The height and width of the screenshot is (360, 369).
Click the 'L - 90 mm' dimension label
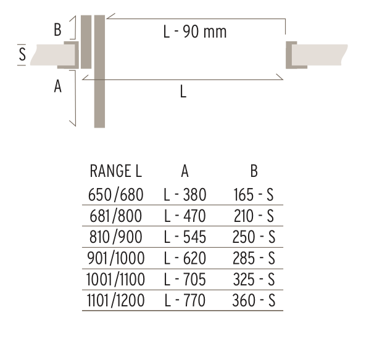pos(195,31)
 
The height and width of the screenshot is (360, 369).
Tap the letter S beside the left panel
pos(22,54)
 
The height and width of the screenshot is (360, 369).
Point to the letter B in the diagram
pos(57,30)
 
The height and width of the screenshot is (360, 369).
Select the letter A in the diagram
pos(57,86)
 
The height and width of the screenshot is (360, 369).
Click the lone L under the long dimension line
pos(183,91)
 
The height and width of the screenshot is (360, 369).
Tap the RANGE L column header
pos(116,171)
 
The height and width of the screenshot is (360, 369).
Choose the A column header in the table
pos(184,171)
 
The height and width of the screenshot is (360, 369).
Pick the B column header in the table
pos(254,171)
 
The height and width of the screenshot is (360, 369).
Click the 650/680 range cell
pos(115,195)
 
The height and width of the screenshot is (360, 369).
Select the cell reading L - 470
pos(184,216)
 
